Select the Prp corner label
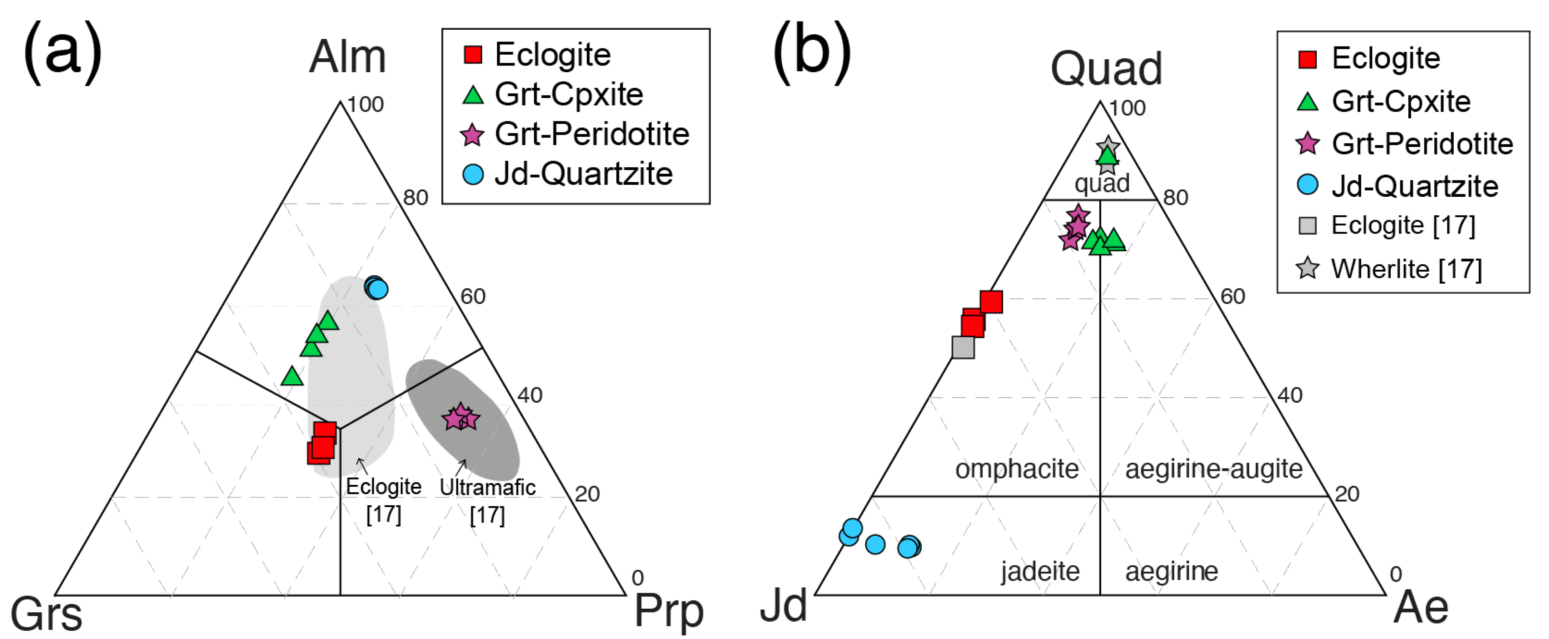pyautogui.click(x=669, y=611)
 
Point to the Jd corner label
pyautogui.click(x=783, y=606)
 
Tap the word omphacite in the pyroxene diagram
pyautogui.click(x=1017, y=468)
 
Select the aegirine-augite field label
pyautogui.click(x=1214, y=468)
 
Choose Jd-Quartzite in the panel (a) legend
pyautogui.click(x=583, y=174)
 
